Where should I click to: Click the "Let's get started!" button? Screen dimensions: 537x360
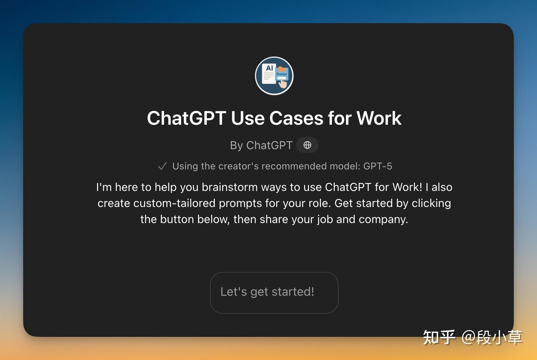274,292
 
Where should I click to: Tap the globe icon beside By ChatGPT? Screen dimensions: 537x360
307,145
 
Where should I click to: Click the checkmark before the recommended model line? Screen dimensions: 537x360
162,166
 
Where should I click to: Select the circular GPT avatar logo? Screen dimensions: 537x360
274,76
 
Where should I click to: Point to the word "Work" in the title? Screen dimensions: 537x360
379,118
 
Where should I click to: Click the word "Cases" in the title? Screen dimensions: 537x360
296,118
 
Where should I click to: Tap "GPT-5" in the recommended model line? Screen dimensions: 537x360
378,166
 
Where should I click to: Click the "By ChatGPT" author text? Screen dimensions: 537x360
261,145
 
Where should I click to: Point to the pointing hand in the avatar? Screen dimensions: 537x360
283,83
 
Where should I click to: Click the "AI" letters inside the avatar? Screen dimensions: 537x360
269,68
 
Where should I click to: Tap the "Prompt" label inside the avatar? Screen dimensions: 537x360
281,74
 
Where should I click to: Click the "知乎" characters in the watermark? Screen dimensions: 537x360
439,337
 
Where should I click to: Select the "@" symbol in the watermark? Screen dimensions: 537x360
469,337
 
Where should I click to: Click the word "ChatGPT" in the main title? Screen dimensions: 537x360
187,118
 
